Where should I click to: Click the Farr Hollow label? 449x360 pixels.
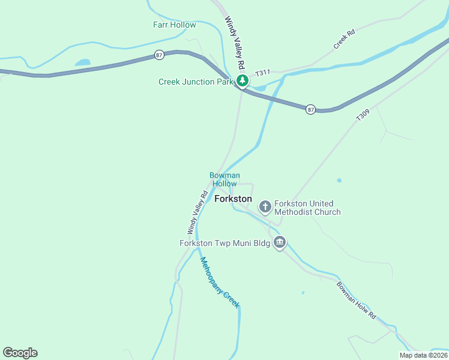coord(174,25)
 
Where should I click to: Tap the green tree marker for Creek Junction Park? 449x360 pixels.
coord(242,81)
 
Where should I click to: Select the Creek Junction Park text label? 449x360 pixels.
coord(195,82)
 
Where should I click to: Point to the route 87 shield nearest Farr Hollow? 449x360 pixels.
coord(158,55)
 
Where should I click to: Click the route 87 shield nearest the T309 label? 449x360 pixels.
coord(310,109)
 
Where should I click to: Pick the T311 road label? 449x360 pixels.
coord(263,73)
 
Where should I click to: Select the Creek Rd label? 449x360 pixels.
coord(345,40)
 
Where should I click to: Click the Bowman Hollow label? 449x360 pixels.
coord(224,179)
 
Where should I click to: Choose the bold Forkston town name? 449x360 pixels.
coord(233,199)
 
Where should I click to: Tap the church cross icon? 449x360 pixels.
coord(265,207)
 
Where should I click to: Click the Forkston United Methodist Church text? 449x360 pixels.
coord(307,208)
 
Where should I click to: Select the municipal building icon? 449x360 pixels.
coord(279,242)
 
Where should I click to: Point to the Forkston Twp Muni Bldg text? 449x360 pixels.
coord(224,243)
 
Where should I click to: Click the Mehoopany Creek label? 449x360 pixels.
coord(220,282)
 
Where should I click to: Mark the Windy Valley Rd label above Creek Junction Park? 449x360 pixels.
coord(236,42)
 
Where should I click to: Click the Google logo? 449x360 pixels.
coord(20,353)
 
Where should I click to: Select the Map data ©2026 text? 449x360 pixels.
coord(423,355)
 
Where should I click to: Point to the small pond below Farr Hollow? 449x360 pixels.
coord(82,62)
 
